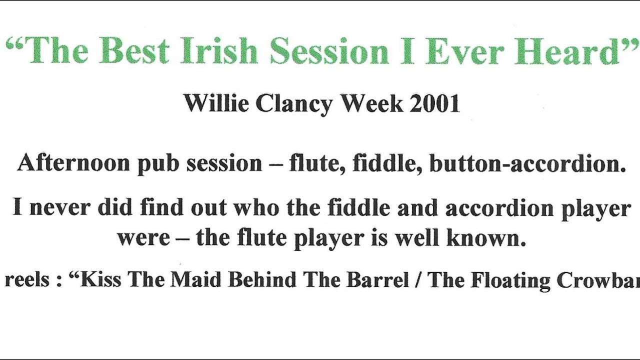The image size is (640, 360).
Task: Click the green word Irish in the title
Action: click(219, 51)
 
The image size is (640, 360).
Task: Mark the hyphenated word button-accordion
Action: click(527, 163)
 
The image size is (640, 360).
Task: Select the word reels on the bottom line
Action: click(27, 280)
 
